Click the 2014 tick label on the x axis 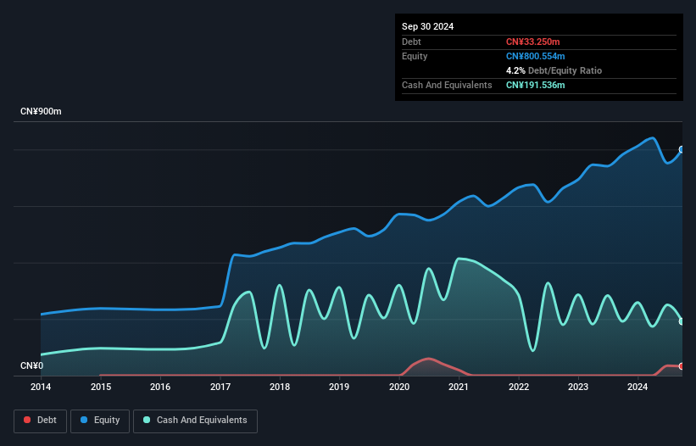point(41,387)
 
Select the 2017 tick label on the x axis point(220,387)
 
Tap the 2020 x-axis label point(399,387)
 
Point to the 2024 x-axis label point(638,387)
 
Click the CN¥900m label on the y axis point(41,112)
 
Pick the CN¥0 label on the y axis point(32,366)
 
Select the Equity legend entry point(100,420)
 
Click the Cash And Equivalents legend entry point(195,420)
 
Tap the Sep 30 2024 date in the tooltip point(427,26)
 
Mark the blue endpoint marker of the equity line point(682,149)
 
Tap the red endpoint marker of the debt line point(682,366)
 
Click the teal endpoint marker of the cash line point(682,321)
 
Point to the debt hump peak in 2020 point(429,359)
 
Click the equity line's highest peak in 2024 point(652,137)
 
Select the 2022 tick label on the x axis point(519,387)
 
